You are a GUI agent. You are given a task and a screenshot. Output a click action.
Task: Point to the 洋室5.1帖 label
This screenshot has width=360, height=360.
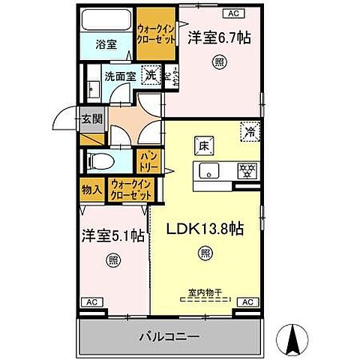113,235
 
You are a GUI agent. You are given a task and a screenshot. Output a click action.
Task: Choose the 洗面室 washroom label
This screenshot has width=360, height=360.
118,76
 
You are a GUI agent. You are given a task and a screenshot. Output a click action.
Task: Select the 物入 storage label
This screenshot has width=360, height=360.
92,190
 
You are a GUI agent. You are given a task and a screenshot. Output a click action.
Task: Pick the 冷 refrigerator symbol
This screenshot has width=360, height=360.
250,130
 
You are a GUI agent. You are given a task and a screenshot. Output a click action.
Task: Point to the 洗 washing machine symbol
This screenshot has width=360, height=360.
150,75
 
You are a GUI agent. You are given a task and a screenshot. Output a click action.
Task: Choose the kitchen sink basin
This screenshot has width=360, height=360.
210,170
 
